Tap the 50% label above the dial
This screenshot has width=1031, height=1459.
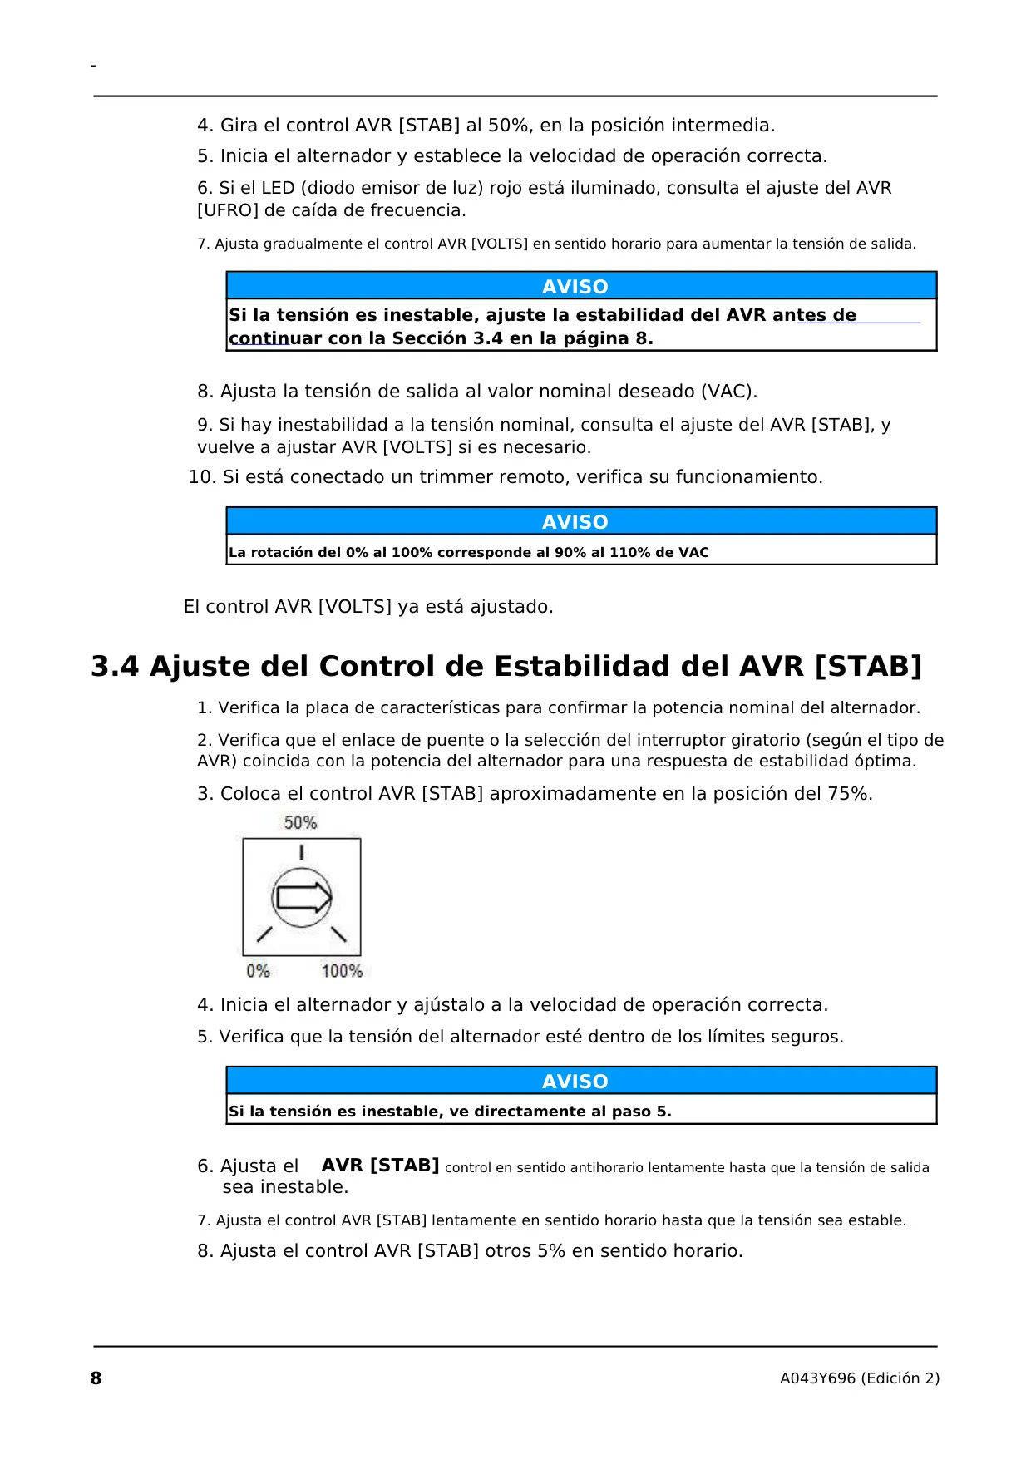[x=300, y=823]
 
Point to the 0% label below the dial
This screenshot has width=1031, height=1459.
[x=258, y=971]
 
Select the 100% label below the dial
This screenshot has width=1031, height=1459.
[x=342, y=971]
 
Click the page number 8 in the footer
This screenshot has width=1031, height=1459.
[x=96, y=1378]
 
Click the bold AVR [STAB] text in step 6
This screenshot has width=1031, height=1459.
[x=380, y=1166]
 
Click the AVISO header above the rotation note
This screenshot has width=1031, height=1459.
[x=575, y=522]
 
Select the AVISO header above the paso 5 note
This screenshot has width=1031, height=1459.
[x=575, y=1082]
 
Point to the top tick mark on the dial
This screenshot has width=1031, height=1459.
[x=301, y=852]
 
